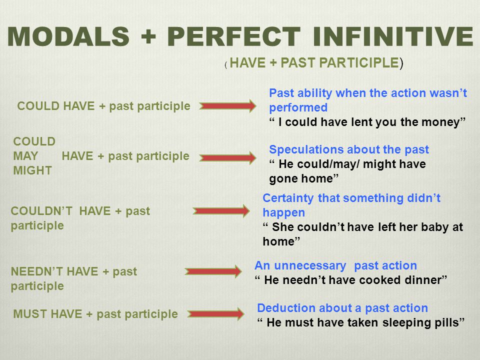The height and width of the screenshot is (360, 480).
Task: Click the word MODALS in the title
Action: [x=68, y=36]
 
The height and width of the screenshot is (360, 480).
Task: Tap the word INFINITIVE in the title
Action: [x=393, y=36]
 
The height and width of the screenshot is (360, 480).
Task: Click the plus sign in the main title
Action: [x=148, y=36]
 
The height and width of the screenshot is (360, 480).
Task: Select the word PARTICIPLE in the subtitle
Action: [x=359, y=63]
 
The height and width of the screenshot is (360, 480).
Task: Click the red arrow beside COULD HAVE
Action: [x=227, y=106]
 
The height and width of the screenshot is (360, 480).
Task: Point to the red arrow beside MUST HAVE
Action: [x=216, y=314]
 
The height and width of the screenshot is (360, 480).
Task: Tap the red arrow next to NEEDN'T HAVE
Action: [x=213, y=271]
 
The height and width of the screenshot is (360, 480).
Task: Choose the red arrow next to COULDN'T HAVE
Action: [x=221, y=211]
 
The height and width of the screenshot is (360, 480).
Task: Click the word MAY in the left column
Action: [x=25, y=156]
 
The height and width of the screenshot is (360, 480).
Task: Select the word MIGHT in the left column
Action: [x=32, y=170]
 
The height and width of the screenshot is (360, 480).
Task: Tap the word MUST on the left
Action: [x=30, y=314]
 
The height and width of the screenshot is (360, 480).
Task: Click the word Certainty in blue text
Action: [x=288, y=198]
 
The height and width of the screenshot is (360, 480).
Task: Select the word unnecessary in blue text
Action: [x=310, y=265]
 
